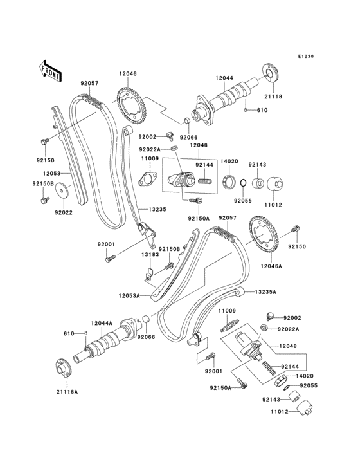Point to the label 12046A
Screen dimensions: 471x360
pyautogui.click(x=273, y=265)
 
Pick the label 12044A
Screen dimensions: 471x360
pyautogui.click(x=102, y=322)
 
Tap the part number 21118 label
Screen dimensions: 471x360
pyautogui.click(x=273, y=97)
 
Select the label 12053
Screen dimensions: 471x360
pyautogui.click(x=52, y=173)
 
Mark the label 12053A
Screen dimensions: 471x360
pyautogui.click(x=129, y=296)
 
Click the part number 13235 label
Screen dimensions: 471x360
pyautogui.click(x=158, y=209)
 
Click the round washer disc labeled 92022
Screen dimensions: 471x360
pyautogui.click(x=63, y=190)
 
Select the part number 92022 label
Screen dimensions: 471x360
pyautogui.click(x=63, y=211)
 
